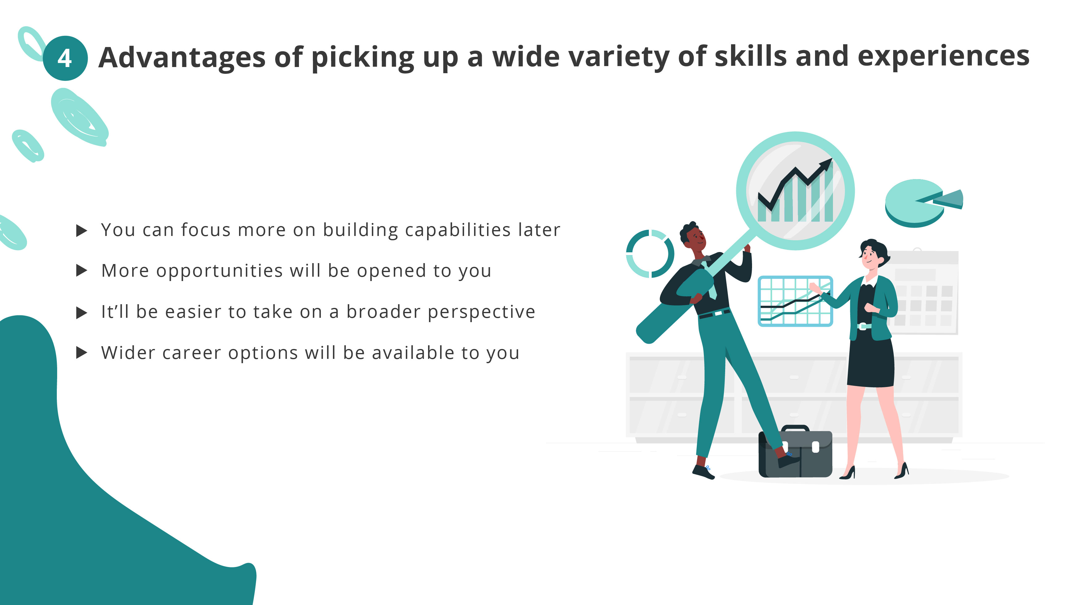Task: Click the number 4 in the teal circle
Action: pos(65,58)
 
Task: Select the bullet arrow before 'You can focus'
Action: pos(82,230)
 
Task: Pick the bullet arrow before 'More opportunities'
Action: pos(82,271)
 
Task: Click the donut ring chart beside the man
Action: pos(649,254)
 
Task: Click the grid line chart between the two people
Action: pos(795,301)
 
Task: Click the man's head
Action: pos(693,238)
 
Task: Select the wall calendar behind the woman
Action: pos(927,292)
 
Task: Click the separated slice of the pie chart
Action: pos(950,199)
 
